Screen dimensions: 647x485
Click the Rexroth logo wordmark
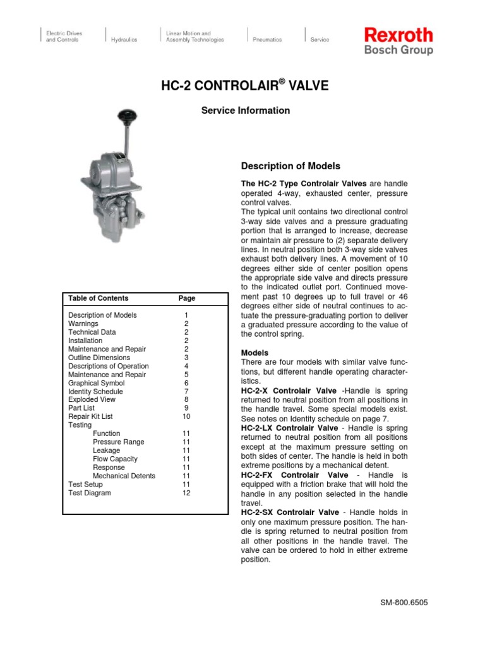(x=398, y=35)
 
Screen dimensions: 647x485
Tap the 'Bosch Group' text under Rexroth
(x=398, y=49)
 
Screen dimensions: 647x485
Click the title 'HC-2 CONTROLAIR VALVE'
(x=246, y=85)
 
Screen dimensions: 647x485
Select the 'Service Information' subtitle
(x=246, y=111)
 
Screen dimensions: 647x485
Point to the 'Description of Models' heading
(x=290, y=166)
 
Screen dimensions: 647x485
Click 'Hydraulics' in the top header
(x=124, y=40)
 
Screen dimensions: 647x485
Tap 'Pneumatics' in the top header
(x=267, y=40)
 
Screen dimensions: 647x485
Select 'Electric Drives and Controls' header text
(x=64, y=37)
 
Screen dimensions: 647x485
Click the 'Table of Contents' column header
(x=98, y=298)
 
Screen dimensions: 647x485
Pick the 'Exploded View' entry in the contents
(x=92, y=400)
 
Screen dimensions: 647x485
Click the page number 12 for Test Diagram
(x=186, y=493)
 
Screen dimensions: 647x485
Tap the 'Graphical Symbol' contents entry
(x=96, y=383)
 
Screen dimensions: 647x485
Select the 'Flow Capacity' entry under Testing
(x=115, y=459)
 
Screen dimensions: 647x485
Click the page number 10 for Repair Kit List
(x=186, y=417)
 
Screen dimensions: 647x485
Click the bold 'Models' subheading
(x=254, y=353)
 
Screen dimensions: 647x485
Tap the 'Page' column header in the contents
(x=187, y=298)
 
